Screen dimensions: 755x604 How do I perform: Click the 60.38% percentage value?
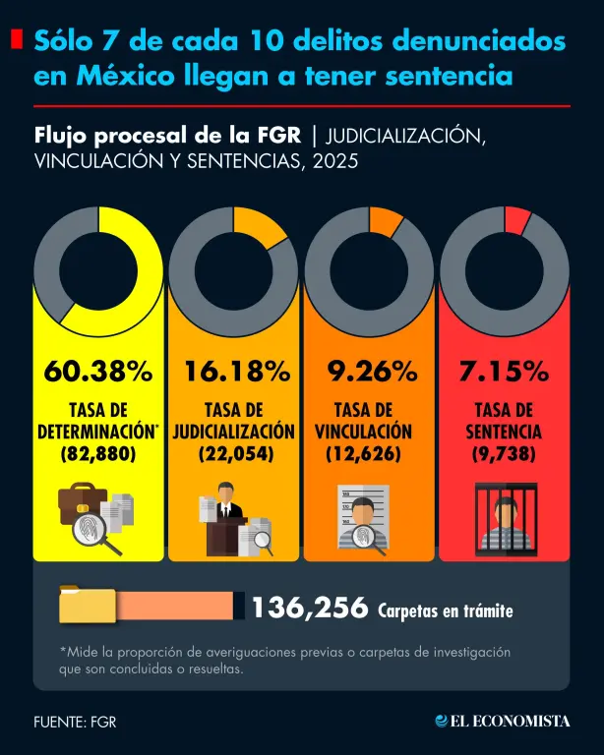click(x=98, y=372)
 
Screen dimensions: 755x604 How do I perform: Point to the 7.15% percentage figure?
click(x=503, y=372)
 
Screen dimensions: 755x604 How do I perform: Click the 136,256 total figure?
click(x=310, y=609)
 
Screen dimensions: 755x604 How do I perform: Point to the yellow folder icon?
click(x=87, y=605)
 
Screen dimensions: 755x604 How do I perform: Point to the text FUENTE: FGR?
click(x=68, y=722)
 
